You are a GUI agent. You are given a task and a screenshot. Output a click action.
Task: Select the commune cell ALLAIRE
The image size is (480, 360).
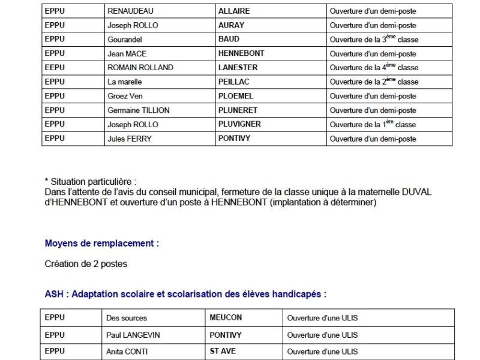[234, 11]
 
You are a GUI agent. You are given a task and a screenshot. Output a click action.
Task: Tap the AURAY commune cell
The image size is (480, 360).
[231, 26]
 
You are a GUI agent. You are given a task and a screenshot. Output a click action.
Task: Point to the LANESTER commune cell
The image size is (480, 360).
[236, 68]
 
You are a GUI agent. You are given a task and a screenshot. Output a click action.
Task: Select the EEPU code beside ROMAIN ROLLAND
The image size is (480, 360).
[55, 68]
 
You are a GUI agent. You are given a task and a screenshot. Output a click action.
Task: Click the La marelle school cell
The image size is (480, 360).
[125, 82]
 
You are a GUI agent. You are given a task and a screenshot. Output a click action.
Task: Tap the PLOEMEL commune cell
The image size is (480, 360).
[236, 96]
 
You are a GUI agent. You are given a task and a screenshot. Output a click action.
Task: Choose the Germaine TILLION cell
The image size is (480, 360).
[138, 110]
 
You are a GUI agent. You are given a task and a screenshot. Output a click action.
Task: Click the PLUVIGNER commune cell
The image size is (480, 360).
[239, 125]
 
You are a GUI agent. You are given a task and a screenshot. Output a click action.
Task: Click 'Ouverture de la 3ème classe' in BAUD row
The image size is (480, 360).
[374, 40]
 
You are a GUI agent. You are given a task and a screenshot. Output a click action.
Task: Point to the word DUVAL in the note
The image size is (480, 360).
[418, 191]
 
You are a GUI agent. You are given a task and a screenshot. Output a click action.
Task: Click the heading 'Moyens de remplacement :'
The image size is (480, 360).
[101, 244]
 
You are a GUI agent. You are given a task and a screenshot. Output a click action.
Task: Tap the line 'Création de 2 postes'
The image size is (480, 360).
[86, 264]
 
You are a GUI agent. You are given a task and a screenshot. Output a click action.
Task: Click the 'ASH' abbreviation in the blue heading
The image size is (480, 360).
[53, 295]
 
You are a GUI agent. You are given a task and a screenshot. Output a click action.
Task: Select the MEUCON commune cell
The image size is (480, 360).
[226, 318]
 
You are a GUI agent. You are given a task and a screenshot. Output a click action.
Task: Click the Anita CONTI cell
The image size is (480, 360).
[128, 352]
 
